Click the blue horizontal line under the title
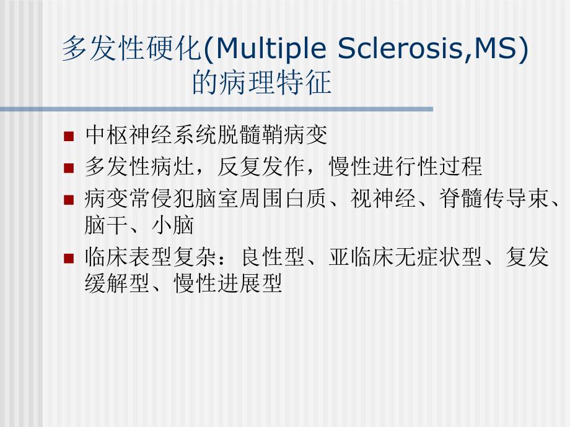tap(217, 110)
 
